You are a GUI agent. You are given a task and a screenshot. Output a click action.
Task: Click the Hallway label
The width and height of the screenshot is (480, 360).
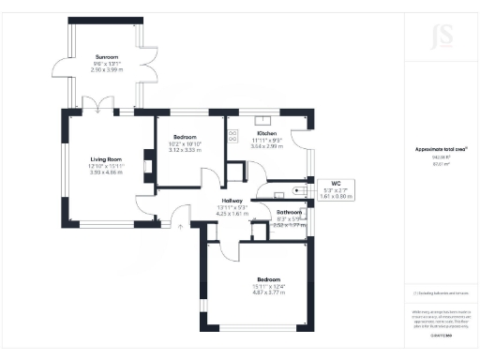click(x=232, y=201)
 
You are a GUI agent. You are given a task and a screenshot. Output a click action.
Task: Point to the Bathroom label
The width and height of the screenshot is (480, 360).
click(x=289, y=212)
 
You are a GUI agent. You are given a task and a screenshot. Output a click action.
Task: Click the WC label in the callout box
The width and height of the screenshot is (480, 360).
click(x=337, y=184)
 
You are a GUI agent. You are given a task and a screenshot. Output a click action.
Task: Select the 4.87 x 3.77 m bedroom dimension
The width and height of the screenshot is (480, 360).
click(x=268, y=291)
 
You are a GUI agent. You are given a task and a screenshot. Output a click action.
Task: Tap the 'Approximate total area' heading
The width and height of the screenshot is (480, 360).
click(x=442, y=149)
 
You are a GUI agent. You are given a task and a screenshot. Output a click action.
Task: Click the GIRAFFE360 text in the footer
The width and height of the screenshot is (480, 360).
click(x=442, y=333)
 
